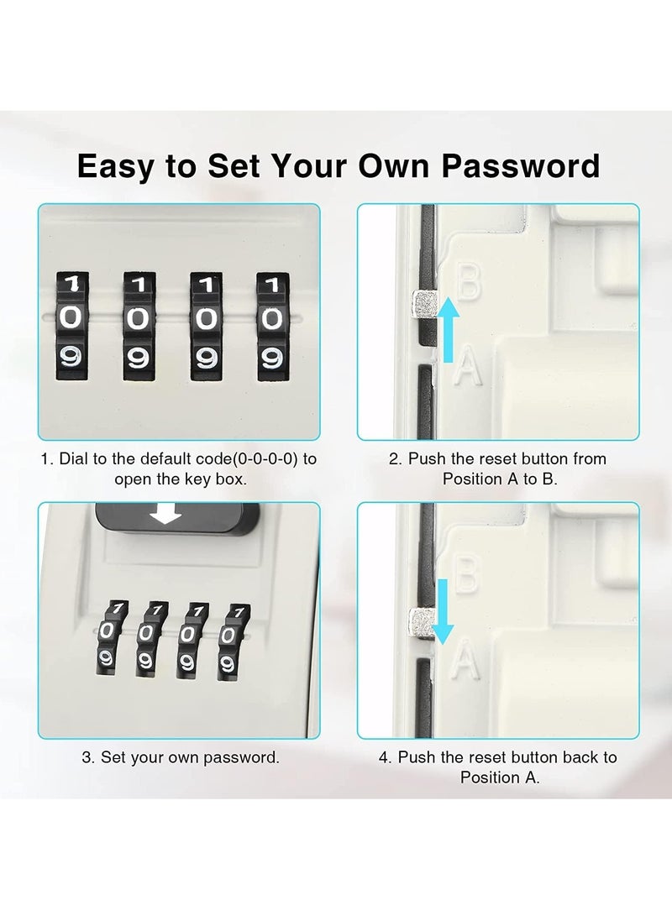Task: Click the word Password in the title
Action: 521,165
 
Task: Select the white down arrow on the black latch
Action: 165,515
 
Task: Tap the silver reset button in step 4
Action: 421,622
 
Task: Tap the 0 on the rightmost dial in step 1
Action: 271,318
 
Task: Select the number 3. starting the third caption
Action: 88,757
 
